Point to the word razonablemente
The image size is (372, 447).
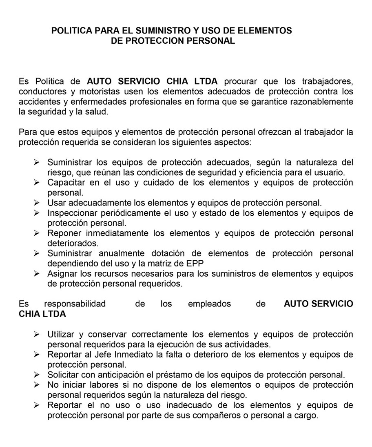pos(323,102)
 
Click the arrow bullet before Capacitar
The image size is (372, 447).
pos(36,182)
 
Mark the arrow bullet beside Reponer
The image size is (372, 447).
pos(36,233)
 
